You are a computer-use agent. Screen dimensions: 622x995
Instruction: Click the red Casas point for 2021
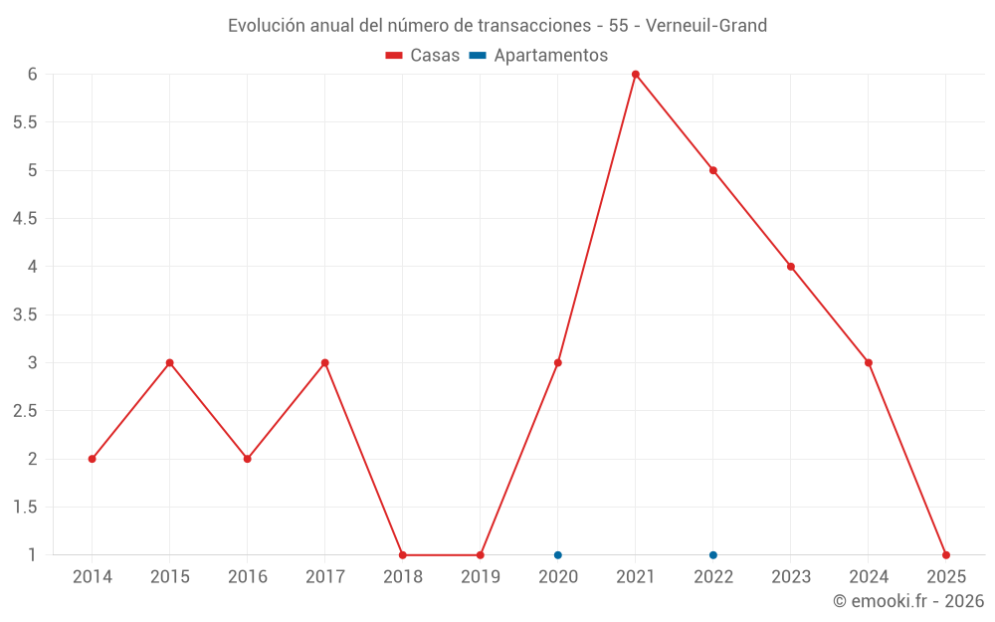(635, 75)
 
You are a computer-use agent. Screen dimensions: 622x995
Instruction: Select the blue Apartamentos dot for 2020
(557, 555)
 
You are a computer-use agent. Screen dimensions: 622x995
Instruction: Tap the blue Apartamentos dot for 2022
(712, 555)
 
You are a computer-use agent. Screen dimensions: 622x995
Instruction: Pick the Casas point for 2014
(92, 459)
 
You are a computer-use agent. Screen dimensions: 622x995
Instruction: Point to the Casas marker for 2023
(790, 267)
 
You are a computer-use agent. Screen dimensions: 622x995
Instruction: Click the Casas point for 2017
(324, 362)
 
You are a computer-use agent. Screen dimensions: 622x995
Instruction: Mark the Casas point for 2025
(945, 555)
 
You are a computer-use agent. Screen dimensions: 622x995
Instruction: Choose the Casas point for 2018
(402, 555)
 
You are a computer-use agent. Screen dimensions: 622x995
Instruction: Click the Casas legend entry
(423, 56)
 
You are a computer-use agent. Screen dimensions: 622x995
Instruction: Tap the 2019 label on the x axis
(480, 576)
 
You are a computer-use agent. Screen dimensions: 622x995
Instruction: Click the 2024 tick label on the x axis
(868, 576)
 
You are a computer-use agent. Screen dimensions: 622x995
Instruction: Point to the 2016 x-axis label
(247, 576)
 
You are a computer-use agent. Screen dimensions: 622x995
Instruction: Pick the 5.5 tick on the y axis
(25, 122)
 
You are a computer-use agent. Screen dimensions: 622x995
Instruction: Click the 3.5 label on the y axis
(25, 314)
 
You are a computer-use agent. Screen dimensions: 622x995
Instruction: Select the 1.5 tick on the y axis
(25, 507)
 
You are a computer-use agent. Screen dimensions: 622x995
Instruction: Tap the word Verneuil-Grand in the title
(706, 26)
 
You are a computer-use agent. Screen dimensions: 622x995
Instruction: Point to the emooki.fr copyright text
(908, 601)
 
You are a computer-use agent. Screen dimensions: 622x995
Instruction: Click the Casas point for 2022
(712, 170)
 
